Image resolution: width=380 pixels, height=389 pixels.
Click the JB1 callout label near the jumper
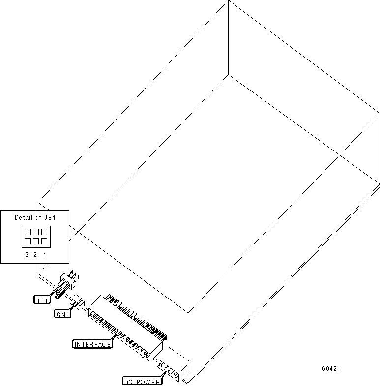[x=42, y=299]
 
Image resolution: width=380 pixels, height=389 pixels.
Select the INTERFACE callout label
[x=92, y=344]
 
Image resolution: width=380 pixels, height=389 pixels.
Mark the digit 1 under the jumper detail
[x=44, y=254]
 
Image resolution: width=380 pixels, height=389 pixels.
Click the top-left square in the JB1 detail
[x=28, y=231]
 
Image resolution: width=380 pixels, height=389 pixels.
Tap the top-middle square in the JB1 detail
[x=35, y=231]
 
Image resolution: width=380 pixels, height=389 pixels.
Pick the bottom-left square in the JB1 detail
[x=28, y=240]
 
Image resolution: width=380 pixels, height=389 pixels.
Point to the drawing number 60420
[x=331, y=369]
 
